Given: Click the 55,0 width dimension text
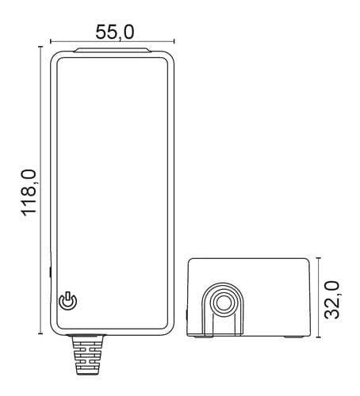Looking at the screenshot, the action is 115,32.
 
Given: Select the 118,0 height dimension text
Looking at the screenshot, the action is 29,192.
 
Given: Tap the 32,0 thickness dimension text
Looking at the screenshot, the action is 331,300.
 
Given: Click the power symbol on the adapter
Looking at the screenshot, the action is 68,301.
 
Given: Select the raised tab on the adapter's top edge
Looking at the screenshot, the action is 113,50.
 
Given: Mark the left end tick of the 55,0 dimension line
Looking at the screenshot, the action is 51,41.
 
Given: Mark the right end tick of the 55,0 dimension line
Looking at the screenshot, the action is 174,41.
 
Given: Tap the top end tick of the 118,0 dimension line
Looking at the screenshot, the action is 40,47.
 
